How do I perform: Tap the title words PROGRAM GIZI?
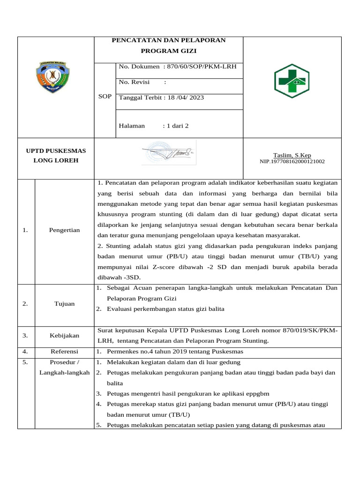[x=168, y=51]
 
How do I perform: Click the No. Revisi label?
[x=134, y=82]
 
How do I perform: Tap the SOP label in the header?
[x=105, y=97]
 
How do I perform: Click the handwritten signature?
[x=167, y=152]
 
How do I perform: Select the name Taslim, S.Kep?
[x=292, y=155]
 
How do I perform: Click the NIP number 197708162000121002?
[x=292, y=162]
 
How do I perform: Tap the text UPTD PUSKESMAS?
[x=56, y=150]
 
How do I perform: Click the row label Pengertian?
[x=65, y=230]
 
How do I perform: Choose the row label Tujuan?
[x=65, y=304]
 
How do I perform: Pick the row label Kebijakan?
[x=65, y=336]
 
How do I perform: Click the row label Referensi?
[x=65, y=351]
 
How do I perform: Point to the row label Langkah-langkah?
[x=65, y=372]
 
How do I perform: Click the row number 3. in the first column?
[x=25, y=336]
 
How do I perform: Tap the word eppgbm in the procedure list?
[x=259, y=394]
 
